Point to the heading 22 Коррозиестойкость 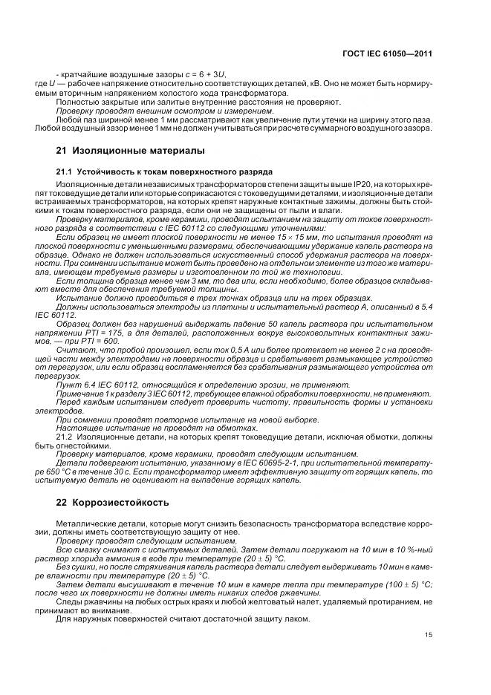tap(113, 502)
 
